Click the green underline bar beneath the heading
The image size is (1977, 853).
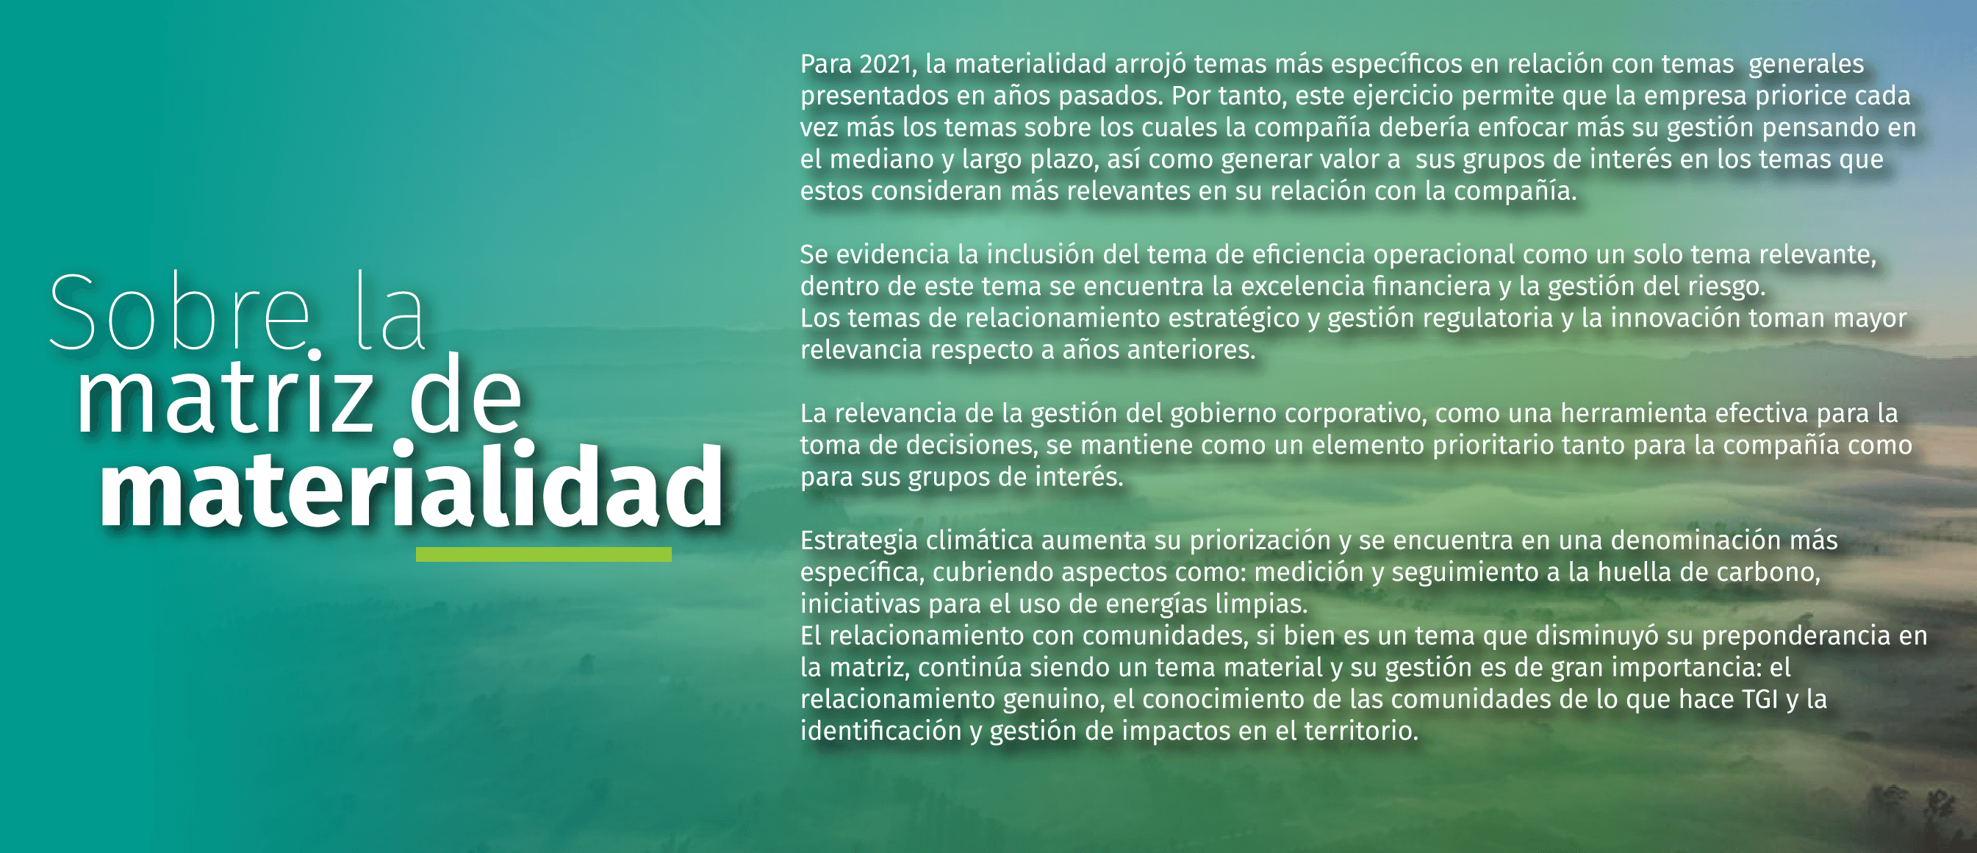click(543, 554)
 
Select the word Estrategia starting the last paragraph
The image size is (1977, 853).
click(860, 540)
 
